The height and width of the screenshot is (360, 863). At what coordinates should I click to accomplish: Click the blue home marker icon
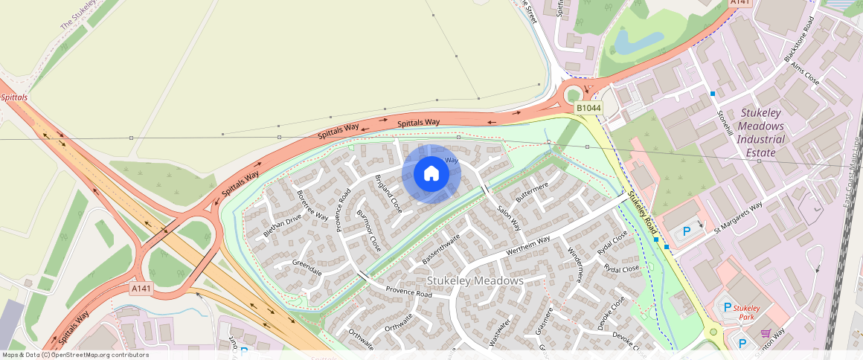(x=431, y=174)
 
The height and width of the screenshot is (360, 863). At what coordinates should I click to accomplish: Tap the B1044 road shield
(x=588, y=109)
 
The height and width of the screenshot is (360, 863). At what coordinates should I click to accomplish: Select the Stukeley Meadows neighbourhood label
(x=475, y=280)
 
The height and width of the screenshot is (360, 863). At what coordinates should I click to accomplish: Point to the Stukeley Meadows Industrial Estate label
(x=762, y=132)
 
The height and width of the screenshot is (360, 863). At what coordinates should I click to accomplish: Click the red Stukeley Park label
(x=746, y=312)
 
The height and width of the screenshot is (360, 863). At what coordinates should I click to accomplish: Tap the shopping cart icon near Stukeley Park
(x=766, y=333)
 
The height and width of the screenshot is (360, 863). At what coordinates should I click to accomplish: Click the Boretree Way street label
(x=312, y=205)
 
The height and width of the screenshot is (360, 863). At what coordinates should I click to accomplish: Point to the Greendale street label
(x=307, y=268)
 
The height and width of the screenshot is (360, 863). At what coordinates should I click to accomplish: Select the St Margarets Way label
(x=738, y=218)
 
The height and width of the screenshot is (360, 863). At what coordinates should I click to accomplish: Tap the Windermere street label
(x=574, y=266)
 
